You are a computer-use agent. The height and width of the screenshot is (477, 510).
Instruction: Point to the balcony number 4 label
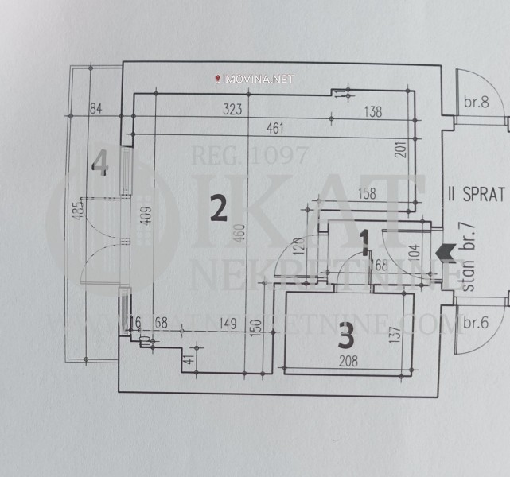(x=99, y=163)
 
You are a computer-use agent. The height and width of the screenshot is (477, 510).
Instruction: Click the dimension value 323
(x=232, y=111)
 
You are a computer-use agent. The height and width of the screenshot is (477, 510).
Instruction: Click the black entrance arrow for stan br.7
(x=446, y=254)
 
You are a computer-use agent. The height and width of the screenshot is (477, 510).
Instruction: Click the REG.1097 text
(x=248, y=156)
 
